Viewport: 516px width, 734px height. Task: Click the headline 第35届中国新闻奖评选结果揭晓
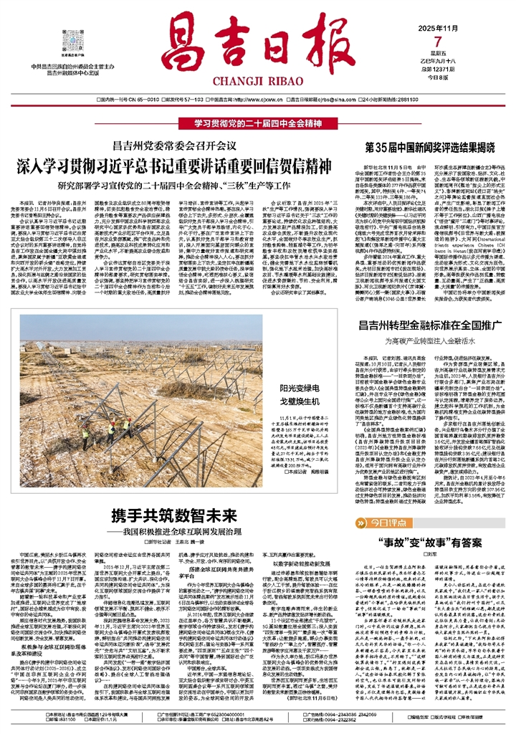coord(427,134)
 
